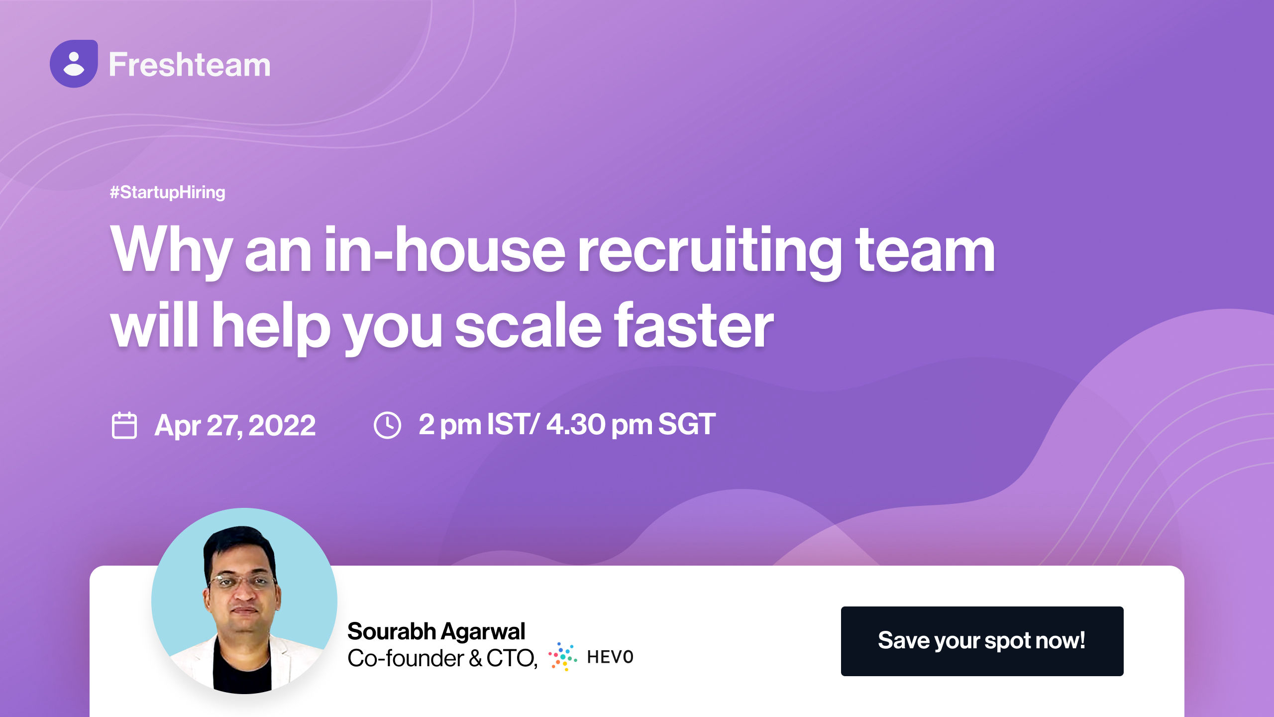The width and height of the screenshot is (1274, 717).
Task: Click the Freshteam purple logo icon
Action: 74,64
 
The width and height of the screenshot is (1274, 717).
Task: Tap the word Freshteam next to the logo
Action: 190,65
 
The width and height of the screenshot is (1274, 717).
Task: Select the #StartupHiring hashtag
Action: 168,192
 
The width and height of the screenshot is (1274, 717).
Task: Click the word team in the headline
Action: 925,250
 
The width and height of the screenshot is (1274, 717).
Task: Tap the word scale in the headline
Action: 528,326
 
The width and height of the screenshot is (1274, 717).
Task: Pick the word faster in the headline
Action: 694,326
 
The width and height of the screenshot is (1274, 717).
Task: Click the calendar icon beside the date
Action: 124,425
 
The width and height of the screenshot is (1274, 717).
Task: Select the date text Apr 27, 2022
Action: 235,425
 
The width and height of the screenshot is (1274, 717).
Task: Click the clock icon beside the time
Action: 387,425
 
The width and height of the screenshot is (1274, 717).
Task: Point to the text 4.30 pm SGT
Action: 631,424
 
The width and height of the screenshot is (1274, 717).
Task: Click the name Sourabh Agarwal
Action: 436,631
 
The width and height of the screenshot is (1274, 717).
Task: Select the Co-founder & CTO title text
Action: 442,658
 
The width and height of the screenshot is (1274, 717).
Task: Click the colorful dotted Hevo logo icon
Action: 563,657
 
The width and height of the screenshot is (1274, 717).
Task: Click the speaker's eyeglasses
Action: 243,581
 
